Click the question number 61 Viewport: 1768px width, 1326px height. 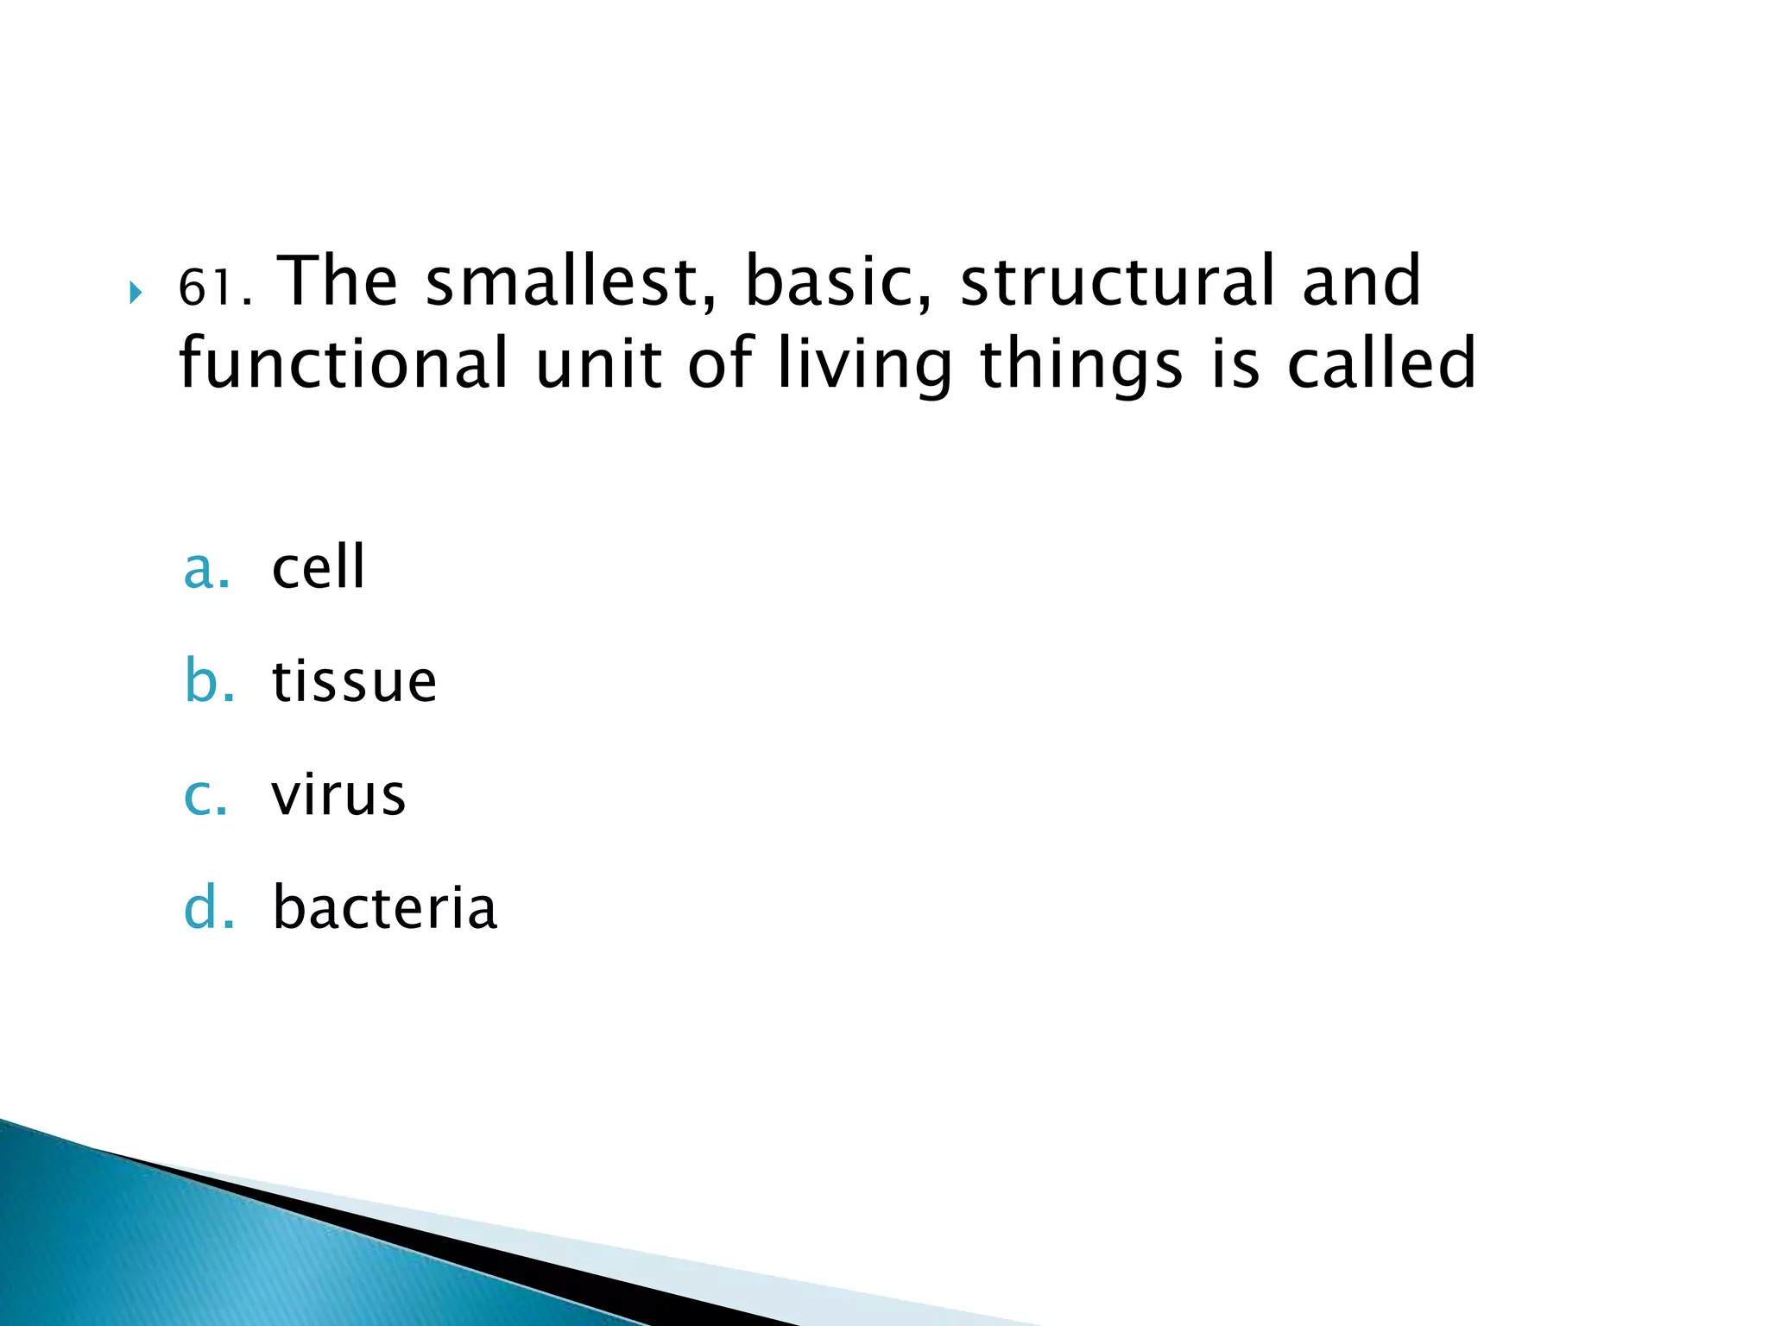click(x=212, y=287)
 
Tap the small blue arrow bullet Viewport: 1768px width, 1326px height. click(x=135, y=294)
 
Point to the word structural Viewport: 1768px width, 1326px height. click(x=1117, y=281)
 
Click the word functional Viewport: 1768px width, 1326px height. click(x=344, y=363)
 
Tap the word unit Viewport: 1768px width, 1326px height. click(x=597, y=363)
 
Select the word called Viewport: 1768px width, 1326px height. click(x=1381, y=363)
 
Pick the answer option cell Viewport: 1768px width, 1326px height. click(x=319, y=568)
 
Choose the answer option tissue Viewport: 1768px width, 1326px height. click(x=354, y=681)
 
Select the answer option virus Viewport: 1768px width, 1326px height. click(x=338, y=795)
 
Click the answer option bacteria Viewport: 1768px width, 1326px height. click(x=385, y=908)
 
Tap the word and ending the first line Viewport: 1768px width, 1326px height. click(x=1361, y=281)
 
